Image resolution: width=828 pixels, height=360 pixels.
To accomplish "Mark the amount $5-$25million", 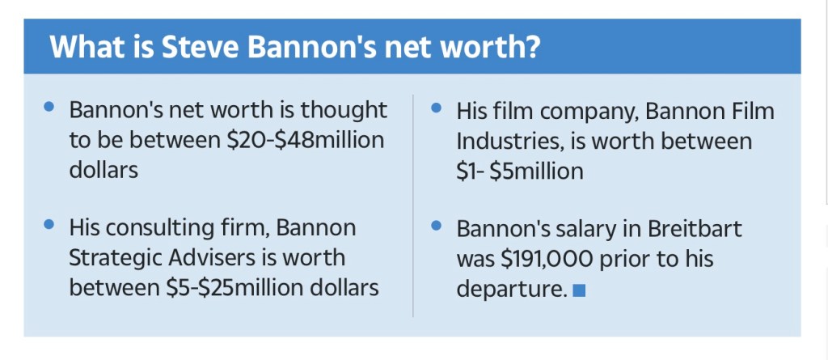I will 231,287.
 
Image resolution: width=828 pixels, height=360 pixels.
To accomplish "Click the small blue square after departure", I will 578,290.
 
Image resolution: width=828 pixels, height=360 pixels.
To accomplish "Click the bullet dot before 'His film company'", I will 437,107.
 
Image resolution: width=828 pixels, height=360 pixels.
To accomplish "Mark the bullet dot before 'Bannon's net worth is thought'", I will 51,107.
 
